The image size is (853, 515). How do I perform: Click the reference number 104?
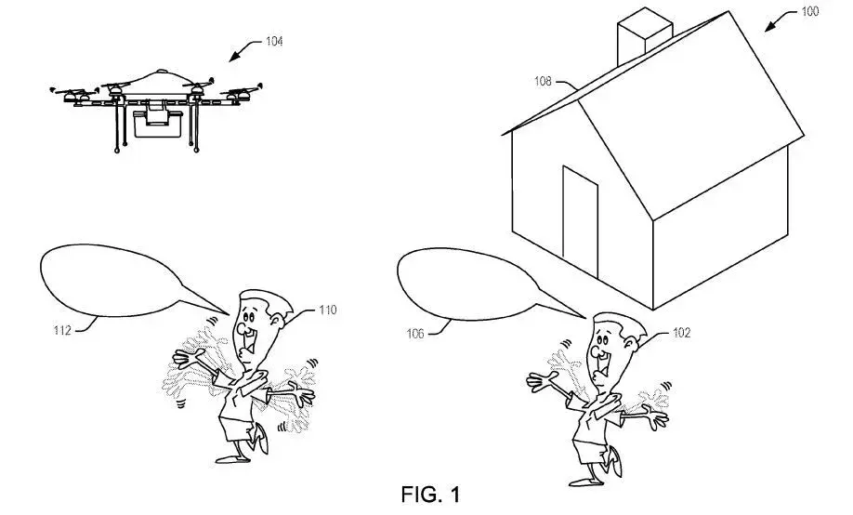(274, 41)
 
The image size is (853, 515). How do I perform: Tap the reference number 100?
(811, 12)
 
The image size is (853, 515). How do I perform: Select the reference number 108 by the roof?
(544, 82)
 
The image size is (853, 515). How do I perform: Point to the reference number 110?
(327, 310)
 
